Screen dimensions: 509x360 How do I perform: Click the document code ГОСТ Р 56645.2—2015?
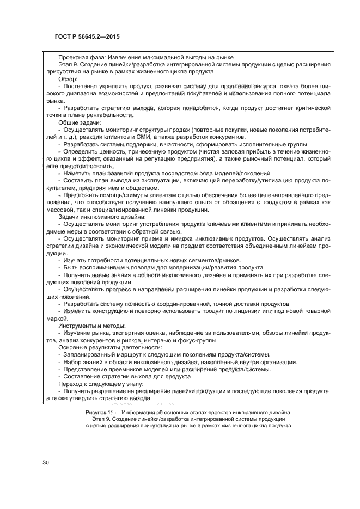pos(81,37)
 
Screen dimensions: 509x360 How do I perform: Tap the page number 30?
pos(46,462)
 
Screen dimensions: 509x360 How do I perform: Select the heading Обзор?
pos(69,79)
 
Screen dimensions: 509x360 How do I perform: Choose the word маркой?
pos(56,318)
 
